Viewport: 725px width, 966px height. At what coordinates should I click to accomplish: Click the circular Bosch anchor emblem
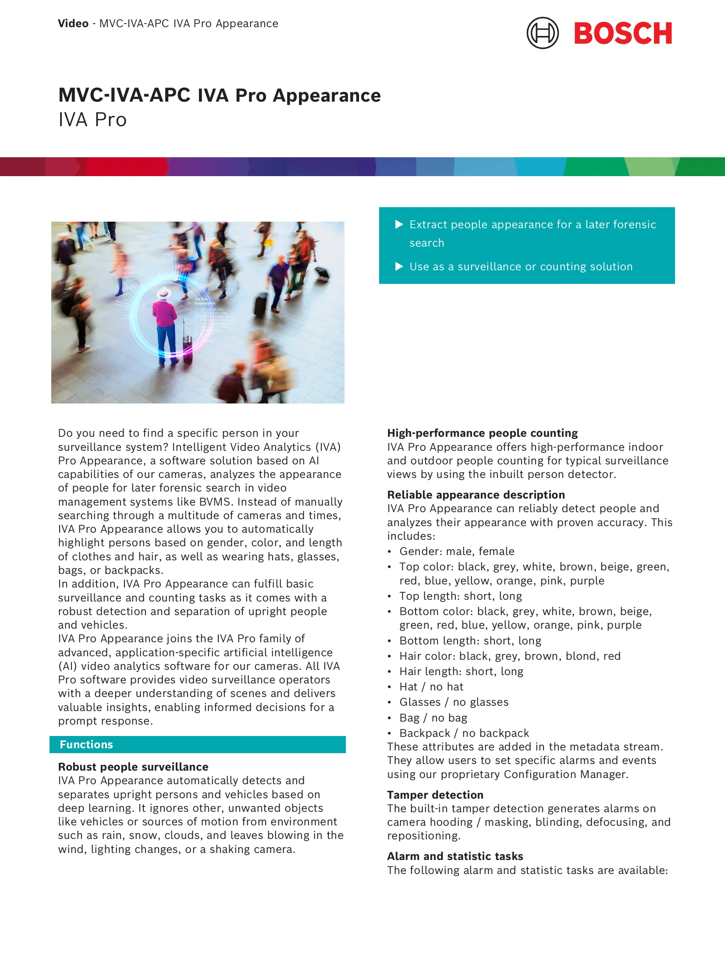(x=542, y=33)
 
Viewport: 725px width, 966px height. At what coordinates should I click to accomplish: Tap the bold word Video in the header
(x=73, y=24)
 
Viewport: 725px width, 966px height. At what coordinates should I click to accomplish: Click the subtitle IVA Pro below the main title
(x=92, y=120)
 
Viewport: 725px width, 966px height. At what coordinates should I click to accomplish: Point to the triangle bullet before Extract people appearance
(x=399, y=225)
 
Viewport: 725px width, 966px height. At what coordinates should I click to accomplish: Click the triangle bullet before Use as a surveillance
(x=399, y=266)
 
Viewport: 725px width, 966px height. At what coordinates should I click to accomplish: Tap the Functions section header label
(x=86, y=744)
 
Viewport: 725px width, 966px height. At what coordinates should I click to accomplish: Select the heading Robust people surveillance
(x=133, y=767)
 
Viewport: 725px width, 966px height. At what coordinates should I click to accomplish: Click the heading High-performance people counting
(x=482, y=433)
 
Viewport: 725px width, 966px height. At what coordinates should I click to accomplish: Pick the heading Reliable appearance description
(x=476, y=495)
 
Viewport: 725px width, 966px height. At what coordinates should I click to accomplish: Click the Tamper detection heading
(x=435, y=795)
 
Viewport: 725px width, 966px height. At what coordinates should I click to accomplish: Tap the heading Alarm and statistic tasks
(x=455, y=856)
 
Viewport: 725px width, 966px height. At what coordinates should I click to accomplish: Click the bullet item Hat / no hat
(x=431, y=686)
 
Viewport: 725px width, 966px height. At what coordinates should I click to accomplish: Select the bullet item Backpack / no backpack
(x=464, y=733)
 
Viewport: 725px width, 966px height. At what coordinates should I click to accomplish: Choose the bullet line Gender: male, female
(x=457, y=551)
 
